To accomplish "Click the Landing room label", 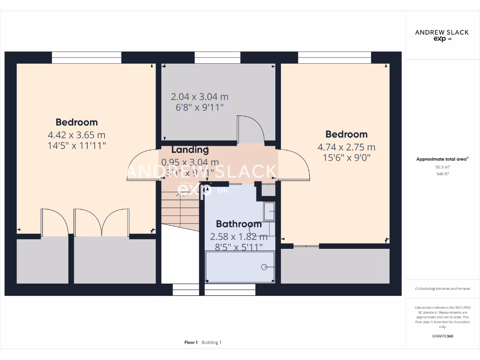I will click(189, 150).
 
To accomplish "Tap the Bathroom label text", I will click(239, 224).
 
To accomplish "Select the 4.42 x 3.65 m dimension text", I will click(76, 135).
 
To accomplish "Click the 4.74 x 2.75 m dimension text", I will click(346, 147).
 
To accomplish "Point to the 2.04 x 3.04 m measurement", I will click(199, 97).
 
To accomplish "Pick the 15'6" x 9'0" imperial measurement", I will click(346, 158).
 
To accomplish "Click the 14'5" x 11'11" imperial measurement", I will click(76, 146).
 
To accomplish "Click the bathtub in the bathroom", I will click(240, 267).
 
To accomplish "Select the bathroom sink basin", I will click(269, 211).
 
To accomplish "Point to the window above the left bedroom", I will click(86, 58).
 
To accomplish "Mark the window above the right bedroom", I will click(334, 58).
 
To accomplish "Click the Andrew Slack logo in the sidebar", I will click(442, 35).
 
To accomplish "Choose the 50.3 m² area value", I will click(442, 167).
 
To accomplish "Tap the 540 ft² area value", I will click(442, 174).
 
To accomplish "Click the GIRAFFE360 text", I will click(442, 336).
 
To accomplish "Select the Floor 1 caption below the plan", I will click(191, 343).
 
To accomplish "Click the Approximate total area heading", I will click(442, 159).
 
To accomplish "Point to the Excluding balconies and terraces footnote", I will click(442, 289).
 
